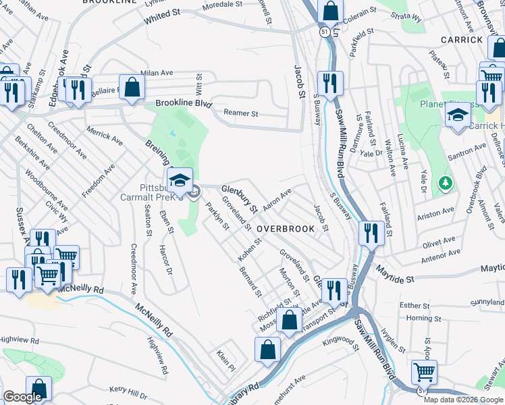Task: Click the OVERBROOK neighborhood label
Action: click(286, 229)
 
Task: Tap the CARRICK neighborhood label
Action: click(461, 40)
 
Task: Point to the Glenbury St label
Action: click(240, 200)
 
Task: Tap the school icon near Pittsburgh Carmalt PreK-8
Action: click(179, 181)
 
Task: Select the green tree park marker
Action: click(444, 183)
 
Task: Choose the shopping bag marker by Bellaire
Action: click(132, 87)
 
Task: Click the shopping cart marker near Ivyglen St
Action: click(424, 371)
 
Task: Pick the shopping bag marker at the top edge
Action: click(330, 11)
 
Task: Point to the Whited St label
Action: click(163, 18)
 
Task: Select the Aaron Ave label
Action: click(277, 198)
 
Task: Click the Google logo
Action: click(22, 397)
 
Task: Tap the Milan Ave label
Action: click(157, 73)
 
